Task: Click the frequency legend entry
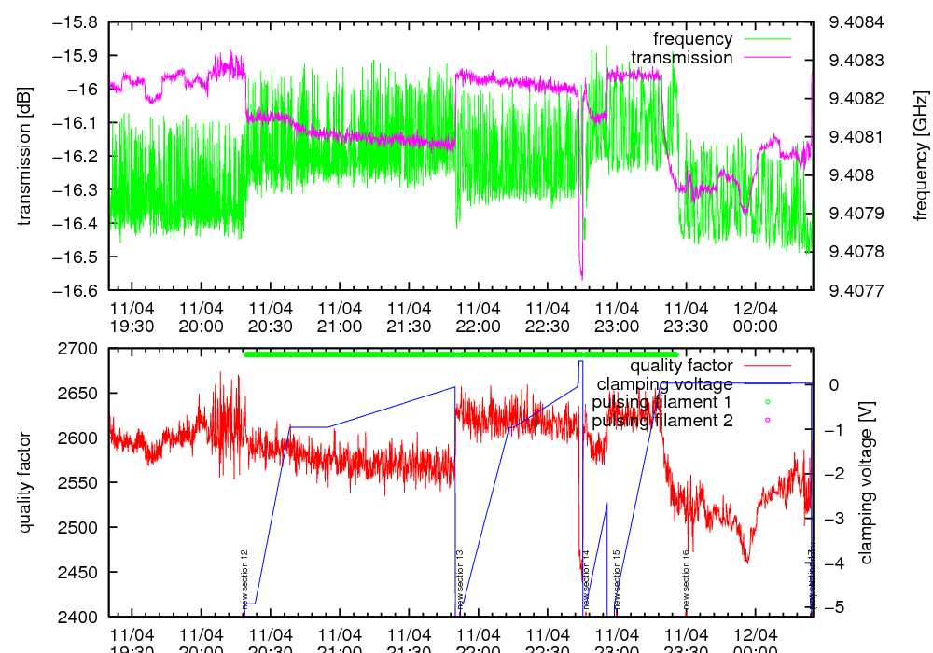(x=692, y=39)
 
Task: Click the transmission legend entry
(x=682, y=58)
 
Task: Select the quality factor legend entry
(x=681, y=366)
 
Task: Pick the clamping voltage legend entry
(x=664, y=384)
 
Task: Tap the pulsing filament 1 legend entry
(x=661, y=402)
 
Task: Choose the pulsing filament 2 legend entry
(x=661, y=421)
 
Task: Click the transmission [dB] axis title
(x=25, y=156)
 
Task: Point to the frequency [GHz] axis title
(x=922, y=156)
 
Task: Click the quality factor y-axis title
(x=25, y=482)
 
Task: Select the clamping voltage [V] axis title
(x=866, y=482)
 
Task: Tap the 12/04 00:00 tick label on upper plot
(x=755, y=317)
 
